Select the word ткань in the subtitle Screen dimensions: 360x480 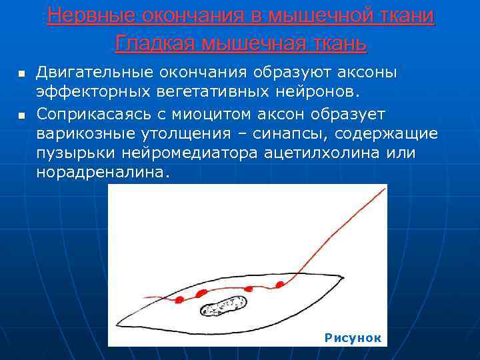337,44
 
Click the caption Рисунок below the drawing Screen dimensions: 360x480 353,338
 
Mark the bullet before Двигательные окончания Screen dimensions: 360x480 21,72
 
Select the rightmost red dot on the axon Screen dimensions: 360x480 279,285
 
